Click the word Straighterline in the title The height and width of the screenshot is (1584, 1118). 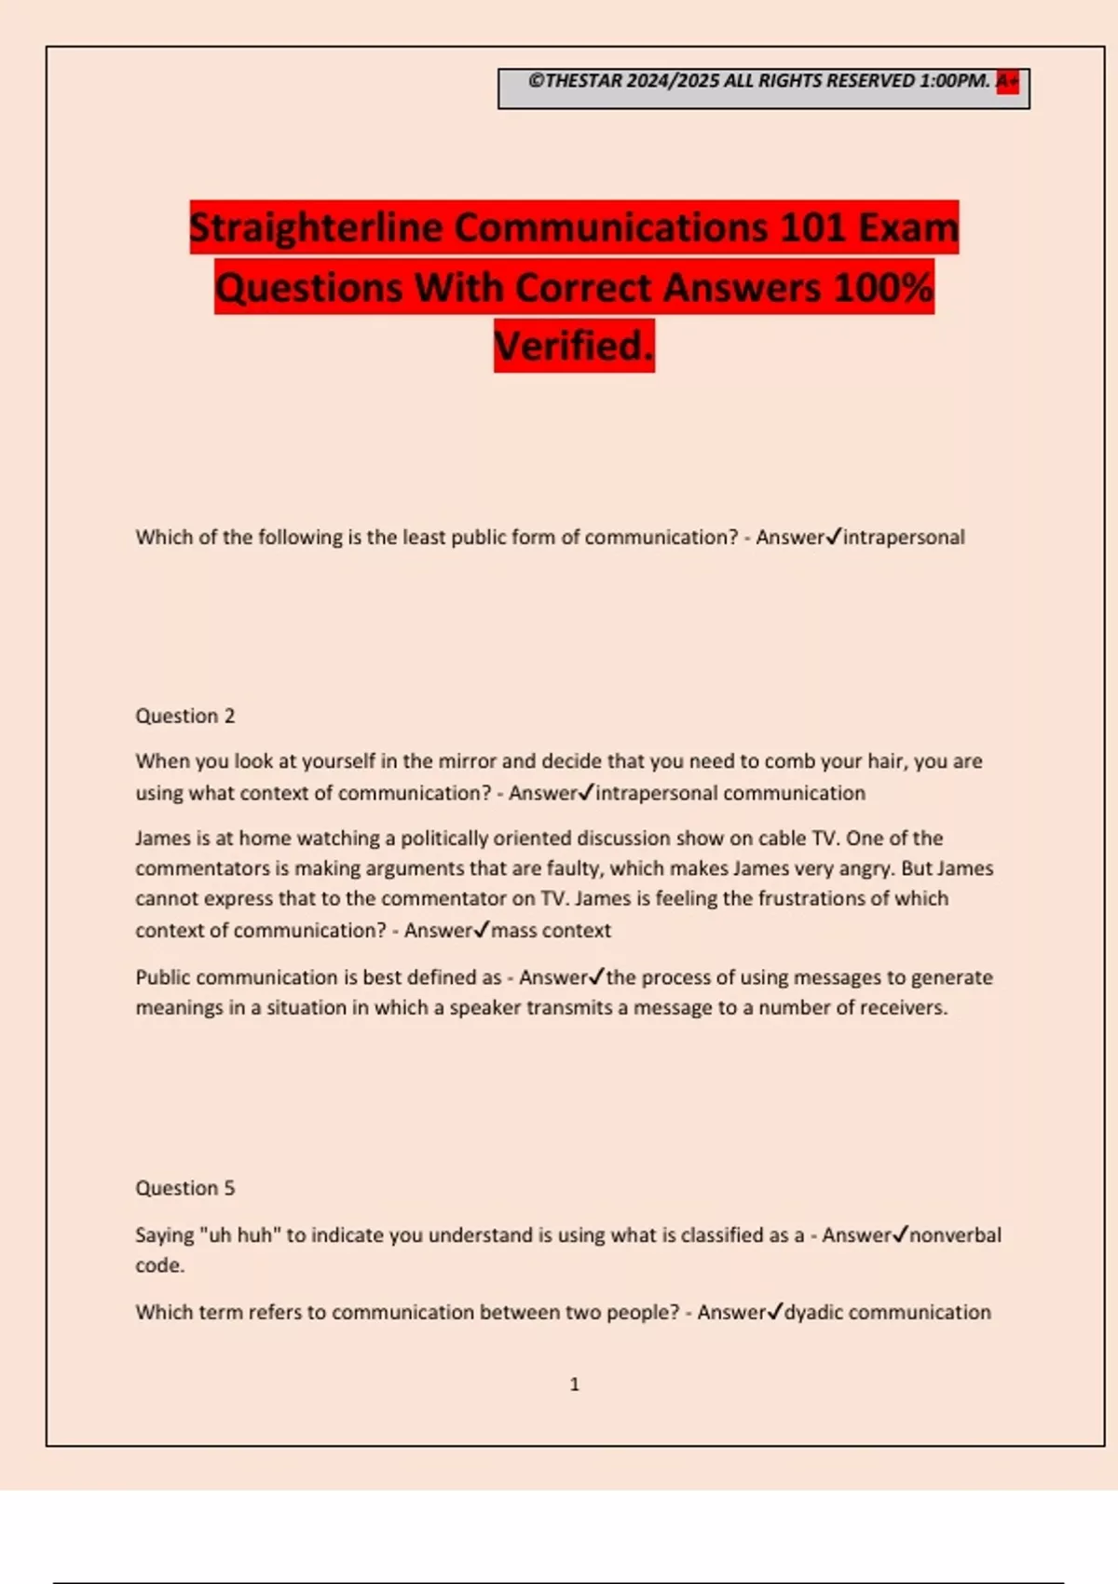coord(316,228)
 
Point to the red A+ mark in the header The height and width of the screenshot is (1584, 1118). coord(1007,81)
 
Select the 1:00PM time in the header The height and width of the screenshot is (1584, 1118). coord(954,81)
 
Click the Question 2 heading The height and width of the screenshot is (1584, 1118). coord(185,716)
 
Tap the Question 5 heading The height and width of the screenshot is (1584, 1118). coord(185,1188)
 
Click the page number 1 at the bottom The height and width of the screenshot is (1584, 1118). coord(574,1385)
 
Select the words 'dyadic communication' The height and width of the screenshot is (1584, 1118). coord(888,1312)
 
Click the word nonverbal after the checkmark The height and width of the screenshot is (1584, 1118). coord(955,1235)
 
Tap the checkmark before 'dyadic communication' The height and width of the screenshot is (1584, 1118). coord(775,1311)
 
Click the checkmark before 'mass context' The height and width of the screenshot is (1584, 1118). coord(482,929)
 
